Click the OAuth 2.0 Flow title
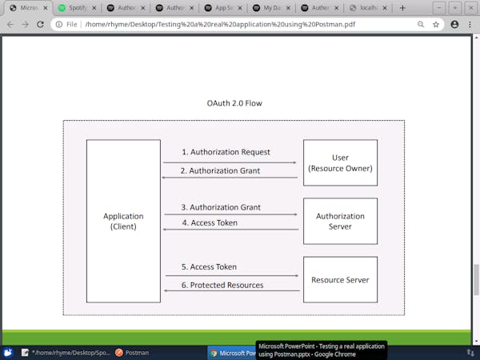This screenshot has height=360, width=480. click(x=234, y=103)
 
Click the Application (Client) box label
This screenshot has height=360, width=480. click(x=123, y=221)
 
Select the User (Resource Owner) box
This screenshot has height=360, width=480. click(x=340, y=163)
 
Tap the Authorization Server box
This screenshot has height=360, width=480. click(x=340, y=221)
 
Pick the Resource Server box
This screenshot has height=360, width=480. click(x=340, y=280)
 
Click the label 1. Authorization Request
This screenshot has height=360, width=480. click(x=226, y=152)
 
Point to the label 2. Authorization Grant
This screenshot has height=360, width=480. click(x=220, y=170)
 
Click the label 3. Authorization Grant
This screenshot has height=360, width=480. click(x=220, y=208)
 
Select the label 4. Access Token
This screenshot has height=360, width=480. click(x=209, y=222)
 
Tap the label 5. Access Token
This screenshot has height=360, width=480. click(x=209, y=266)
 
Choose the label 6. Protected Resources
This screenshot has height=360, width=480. click(x=222, y=285)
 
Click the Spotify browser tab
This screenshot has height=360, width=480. click(x=74, y=8)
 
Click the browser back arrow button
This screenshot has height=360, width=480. click(x=10, y=25)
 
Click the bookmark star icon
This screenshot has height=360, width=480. click(x=436, y=25)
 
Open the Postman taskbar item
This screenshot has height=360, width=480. click(x=131, y=352)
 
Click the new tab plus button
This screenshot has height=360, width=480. click(x=402, y=8)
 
